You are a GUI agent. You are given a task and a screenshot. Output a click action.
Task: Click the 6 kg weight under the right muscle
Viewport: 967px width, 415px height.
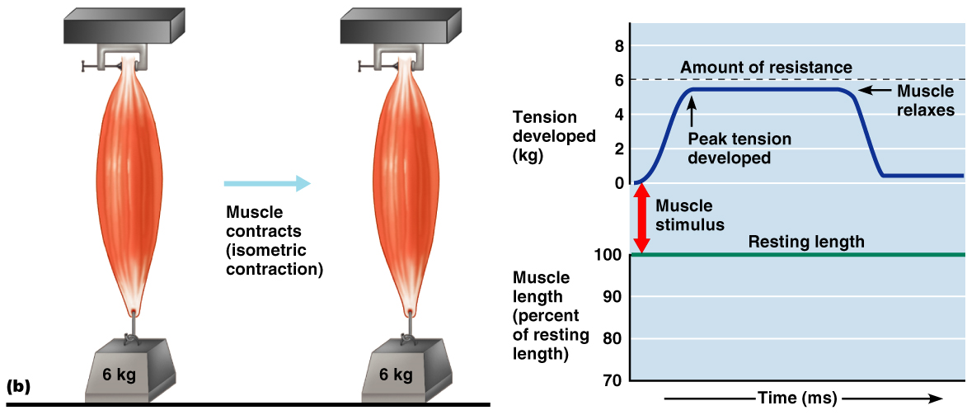point(396,375)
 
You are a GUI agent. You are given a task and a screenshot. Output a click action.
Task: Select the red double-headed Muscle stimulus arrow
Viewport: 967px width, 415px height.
point(641,219)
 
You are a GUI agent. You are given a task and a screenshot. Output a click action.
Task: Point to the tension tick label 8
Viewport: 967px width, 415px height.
point(618,45)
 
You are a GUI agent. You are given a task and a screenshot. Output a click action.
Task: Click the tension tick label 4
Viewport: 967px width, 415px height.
point(618,114)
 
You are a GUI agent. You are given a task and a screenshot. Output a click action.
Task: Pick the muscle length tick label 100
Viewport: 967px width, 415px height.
point(611,254)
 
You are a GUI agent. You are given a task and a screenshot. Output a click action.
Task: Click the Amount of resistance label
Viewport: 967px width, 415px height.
point(766,67)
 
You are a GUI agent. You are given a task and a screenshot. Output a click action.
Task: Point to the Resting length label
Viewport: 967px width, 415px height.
point(805,242)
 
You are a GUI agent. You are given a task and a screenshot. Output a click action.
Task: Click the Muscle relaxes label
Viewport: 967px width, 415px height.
point(925,100)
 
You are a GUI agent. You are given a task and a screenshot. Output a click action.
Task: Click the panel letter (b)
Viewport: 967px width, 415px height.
point(17,385)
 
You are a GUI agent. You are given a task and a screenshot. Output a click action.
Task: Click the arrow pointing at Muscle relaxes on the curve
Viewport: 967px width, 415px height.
point(875,90)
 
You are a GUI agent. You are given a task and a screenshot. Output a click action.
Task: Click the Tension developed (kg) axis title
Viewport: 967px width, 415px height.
point(553,135)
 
